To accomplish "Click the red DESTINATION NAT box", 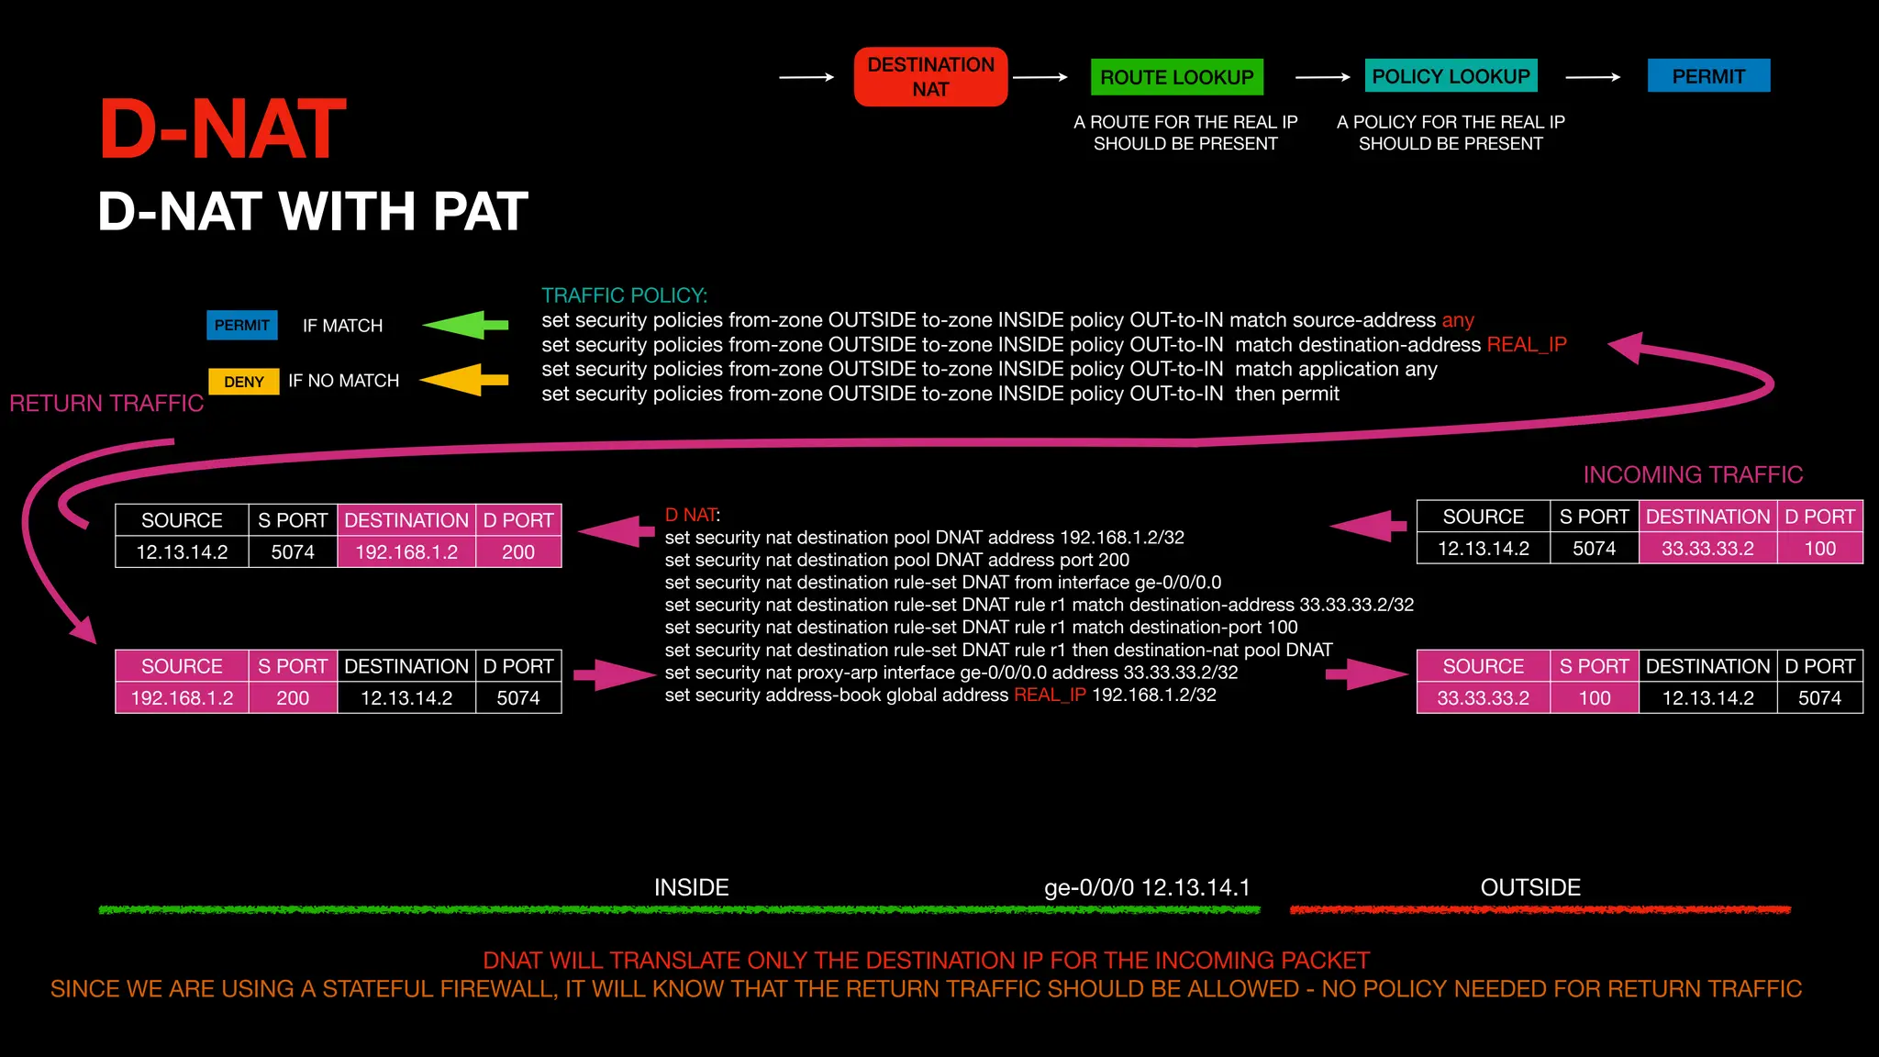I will point(930,77).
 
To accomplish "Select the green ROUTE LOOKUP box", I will point(1176,77).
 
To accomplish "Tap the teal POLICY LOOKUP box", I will point(1451,76).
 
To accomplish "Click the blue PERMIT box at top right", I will point(1708,76).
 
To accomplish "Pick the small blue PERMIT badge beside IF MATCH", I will point(242,326).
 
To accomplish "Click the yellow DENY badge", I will point(244,382).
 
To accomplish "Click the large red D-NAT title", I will point(223,130).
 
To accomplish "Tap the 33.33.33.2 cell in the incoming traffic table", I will point(1707,549).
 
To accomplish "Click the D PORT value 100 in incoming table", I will point(1819,549).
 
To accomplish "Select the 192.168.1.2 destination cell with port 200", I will point(406,552).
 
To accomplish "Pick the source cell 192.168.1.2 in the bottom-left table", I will point(182,698).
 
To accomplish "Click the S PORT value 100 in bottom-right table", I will point(1595,698).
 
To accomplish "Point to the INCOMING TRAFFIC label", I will point(1693,474).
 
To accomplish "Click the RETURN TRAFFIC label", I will point(106,404).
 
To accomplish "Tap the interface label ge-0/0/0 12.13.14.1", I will point(1147,887).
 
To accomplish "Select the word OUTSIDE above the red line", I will point(1530,887).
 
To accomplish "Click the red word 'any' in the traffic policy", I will point(1458,320).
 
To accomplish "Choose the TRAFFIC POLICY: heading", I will point(624,295).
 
